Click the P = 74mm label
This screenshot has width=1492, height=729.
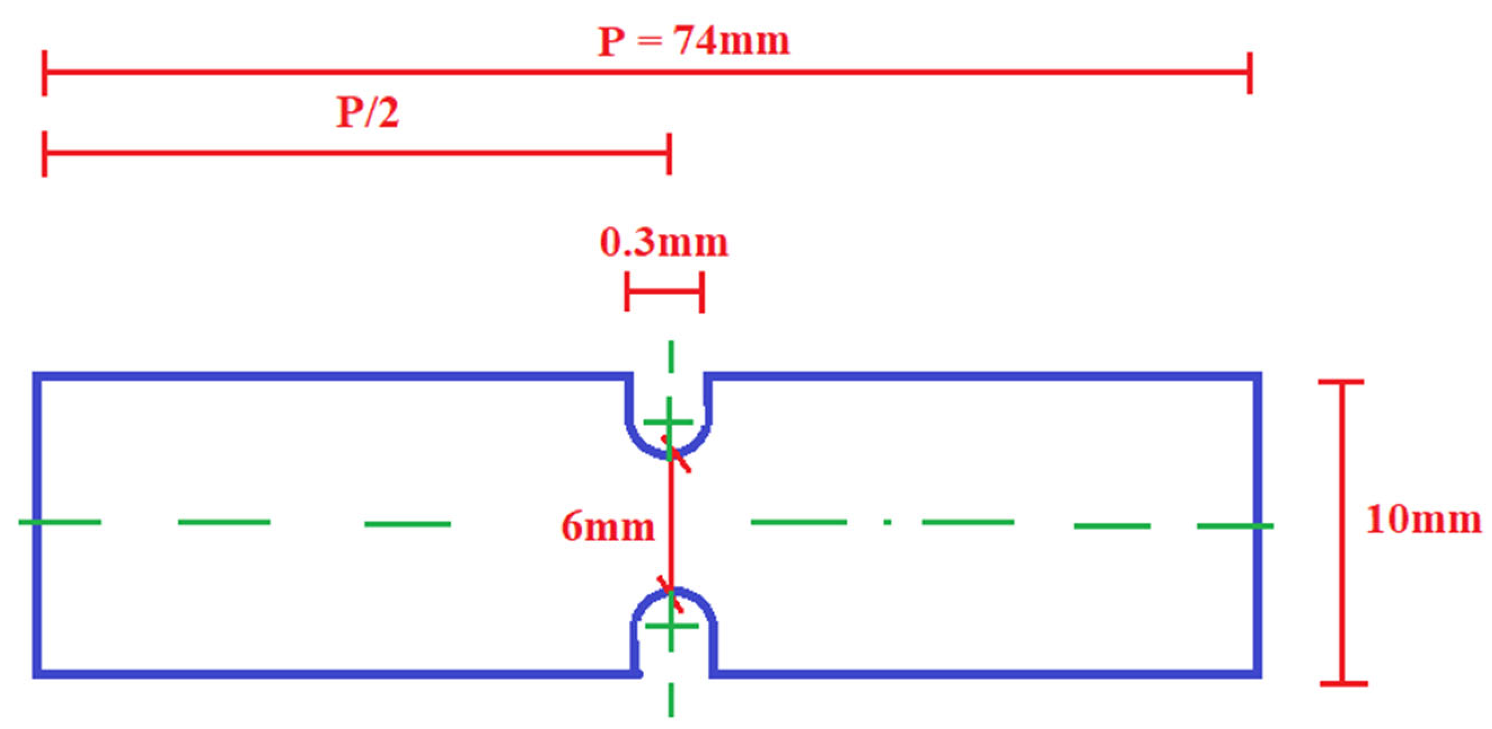(x=694, y=42)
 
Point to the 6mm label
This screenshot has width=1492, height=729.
(x=608, y=526)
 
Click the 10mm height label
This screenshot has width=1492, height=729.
(x=1423, y=519)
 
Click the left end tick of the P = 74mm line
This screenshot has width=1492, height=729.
(x=45, y=73)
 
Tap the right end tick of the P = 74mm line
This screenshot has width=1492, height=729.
(x=1250, y=73)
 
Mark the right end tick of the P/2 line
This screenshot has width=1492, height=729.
(x=669, y=154)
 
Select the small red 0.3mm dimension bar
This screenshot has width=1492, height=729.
(x=664, y=291)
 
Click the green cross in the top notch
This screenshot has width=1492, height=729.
(x=669, y=422)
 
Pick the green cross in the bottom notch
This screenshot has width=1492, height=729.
(x=670, y=626)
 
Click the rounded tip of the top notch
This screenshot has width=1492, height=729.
(x=669, y=455)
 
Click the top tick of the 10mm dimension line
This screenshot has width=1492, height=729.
(x=1341, y=383)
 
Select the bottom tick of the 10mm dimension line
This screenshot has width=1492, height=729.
(x=1344, y=684)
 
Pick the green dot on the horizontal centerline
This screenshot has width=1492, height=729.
(x=887, y=522)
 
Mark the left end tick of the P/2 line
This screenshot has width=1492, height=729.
(x=45, y=154)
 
